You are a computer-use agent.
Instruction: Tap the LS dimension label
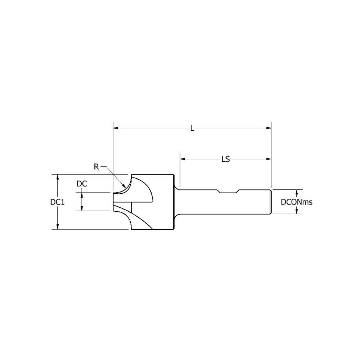pos(226,159)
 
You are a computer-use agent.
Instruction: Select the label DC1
pos(57,202)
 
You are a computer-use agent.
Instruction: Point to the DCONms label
pos(296,202)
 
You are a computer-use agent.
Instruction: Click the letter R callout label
pos(96,166)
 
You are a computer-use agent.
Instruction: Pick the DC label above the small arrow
pos(82,183)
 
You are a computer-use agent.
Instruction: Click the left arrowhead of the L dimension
pos(116,127)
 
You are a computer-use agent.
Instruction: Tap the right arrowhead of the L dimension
pos(268,127)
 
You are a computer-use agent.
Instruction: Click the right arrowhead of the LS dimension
pos(268,158)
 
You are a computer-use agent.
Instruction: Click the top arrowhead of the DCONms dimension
pos(297,192)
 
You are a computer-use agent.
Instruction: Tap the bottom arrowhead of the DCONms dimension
pos(297,212)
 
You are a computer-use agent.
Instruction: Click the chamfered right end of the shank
pos(270,202)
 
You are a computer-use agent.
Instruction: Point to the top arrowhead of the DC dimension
pos(82,195)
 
